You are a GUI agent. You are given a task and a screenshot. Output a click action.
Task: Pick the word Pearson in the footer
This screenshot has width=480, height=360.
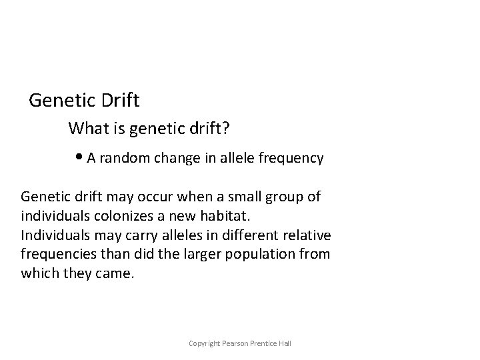coord(237,343)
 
